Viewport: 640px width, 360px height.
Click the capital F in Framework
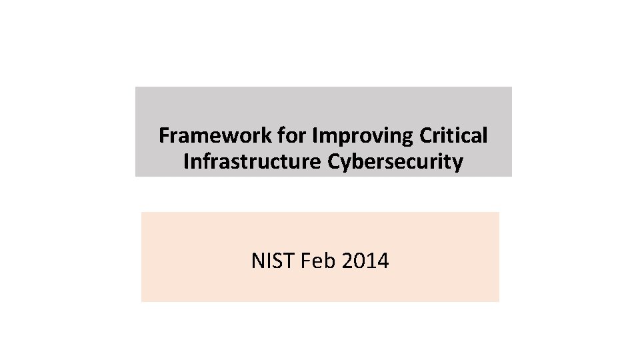(164, 136)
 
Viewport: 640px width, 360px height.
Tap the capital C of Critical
(427, 136)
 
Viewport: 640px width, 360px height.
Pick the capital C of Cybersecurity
(333, 162)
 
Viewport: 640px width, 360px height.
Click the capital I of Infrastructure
(186, 162)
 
